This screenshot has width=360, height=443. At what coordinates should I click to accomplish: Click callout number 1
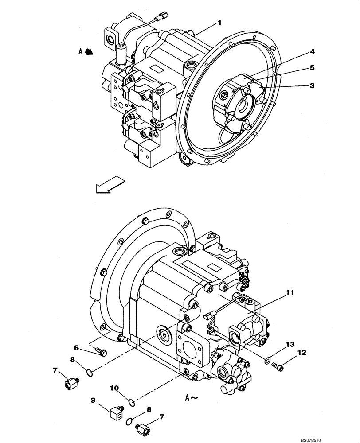219,22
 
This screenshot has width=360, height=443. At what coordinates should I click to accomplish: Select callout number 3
312,85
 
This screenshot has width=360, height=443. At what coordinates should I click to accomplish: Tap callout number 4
312,51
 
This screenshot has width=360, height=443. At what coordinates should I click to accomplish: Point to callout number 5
312,68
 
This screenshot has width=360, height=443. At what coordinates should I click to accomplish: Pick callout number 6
76,348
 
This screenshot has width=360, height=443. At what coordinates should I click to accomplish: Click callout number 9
93,400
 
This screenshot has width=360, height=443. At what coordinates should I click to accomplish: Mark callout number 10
114,389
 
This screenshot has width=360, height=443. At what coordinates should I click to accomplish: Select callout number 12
301,353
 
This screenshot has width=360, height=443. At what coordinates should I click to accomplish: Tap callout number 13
290,344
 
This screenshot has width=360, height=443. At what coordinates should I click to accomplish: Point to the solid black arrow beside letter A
89,52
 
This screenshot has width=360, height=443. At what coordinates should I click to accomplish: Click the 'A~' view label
192,398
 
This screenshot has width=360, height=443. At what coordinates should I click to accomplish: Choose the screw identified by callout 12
278,366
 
